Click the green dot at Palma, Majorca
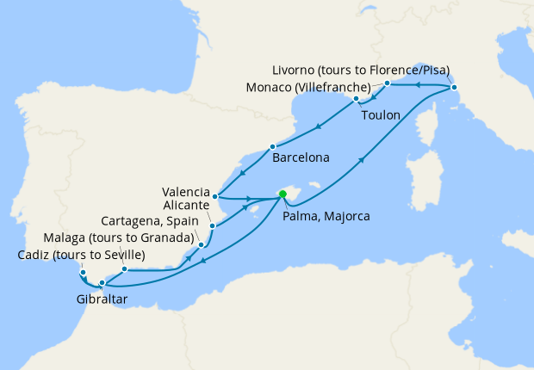(x=283, y=194)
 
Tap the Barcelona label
(x=301, y=159)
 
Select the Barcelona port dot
(x=272, y=146)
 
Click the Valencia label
(x=185, y=191)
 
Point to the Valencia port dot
(x=215, y=196)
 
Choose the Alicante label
(x=185, y=207)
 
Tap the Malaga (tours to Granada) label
(x=117, y=237)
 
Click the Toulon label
(x=381, y=114)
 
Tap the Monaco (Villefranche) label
(x=307, y=88)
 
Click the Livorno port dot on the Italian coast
(x=454, y=88)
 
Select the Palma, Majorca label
(x=326, y=216)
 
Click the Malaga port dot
(x=125, y=268)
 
